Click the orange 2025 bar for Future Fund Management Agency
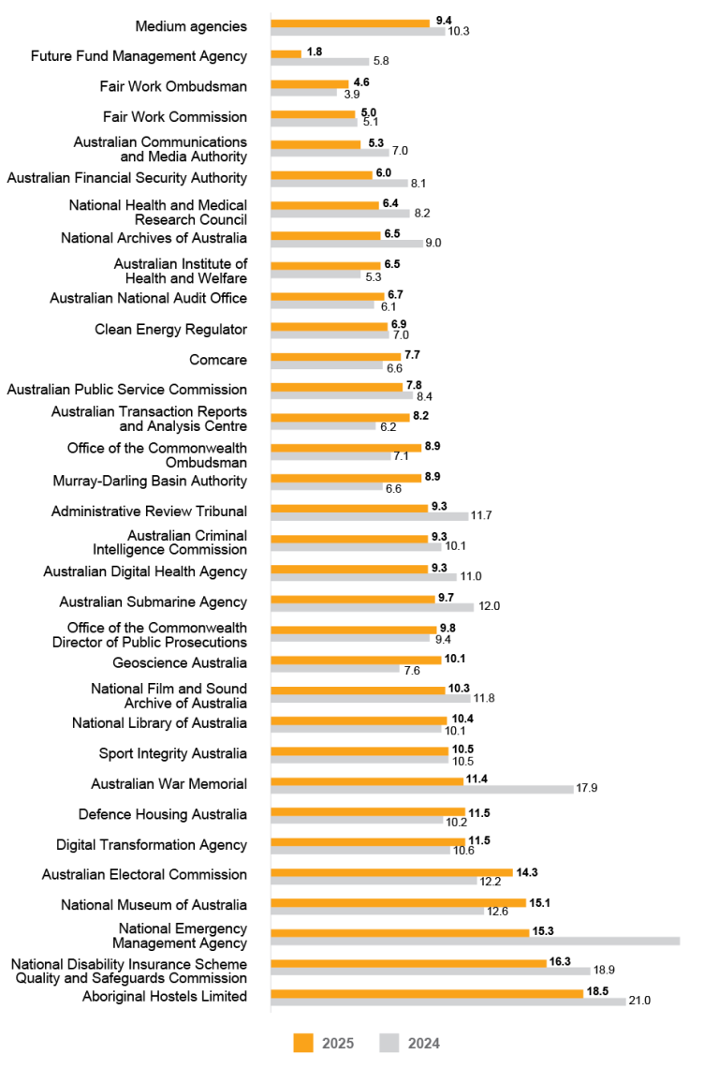[286, 53]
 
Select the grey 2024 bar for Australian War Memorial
[421, 789]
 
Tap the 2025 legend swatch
[303, 1043]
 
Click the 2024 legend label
[422, 1044]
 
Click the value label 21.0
[639, 1002]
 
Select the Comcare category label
[218, 359]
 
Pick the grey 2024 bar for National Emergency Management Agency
[475, 941]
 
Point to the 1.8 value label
[315, 52]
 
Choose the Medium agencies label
[191, 26]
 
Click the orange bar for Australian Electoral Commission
[391, 871]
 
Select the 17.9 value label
[587, 789]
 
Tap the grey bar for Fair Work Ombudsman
[303, 92]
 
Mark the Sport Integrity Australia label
[173, 754]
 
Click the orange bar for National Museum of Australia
[398, 901]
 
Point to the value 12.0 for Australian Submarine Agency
[489, 607]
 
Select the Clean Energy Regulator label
[170, 330]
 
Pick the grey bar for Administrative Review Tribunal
[369, 516]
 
